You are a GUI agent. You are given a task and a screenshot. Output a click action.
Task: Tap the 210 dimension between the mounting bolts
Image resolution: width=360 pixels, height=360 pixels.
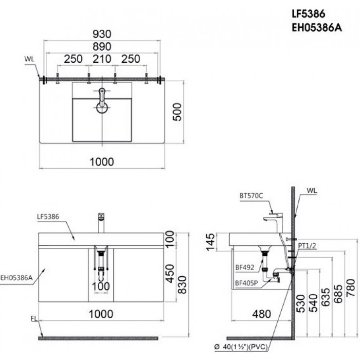pyautogui.click(x=102, y=59)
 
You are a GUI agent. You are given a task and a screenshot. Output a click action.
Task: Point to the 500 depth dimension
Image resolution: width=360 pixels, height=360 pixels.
pyautogui.click(x=178, y=113)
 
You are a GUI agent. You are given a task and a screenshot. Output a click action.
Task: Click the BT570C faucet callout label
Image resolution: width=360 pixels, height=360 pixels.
pyautogui.click(x=251, y=196)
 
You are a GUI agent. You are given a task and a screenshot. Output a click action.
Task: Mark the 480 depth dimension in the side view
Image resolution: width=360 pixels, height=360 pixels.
pyautogui.click(x=261, y=314)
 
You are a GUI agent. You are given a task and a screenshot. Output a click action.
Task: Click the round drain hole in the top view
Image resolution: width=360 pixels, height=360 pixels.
pyautogui.click(x=102, y=107)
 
